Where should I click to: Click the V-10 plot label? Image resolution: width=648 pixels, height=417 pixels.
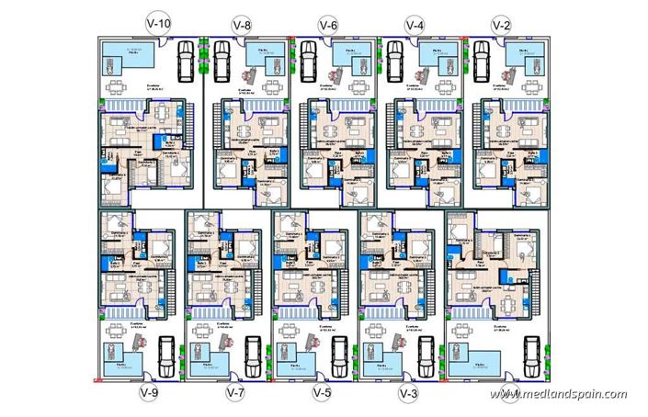pyautogui.click(x=157, y=25)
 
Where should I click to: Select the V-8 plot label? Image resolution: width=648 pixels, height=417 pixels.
pyautogui.click(x=242, y=25)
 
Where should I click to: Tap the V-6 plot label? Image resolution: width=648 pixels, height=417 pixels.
pyautogui.click(x=328, y=25)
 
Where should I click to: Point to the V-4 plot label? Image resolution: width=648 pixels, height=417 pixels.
pyautogui.click(x=414, y=25)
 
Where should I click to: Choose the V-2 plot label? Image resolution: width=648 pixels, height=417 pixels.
pyautogui.click(x=500, y=25)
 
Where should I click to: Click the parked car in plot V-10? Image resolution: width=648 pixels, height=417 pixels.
pyautogui.click(x=184, y=62)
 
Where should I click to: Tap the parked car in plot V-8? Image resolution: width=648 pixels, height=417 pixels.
pyautogui.click(x=222, y=62)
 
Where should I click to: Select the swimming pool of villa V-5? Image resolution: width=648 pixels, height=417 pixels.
pyautogui.click(x=299, y=365)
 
